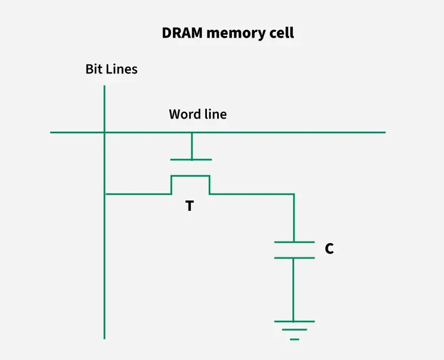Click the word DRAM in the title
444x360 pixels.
pyautogui.click(x=182, y=33)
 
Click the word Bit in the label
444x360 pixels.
pyautogui.click(x=94, y=69)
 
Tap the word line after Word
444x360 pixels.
pyautogui.click(x=214, y=114)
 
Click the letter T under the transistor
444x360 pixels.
pyautogui.click(x=189, y=206)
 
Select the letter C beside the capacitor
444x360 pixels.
pyautogui.click(x=329, y=249)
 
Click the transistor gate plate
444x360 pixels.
pyautogui.click(x=192, y=160)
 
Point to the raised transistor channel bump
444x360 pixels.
pyautogui.click(x=190, y=176)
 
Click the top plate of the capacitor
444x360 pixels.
pyautogui.click(x=294, y=242)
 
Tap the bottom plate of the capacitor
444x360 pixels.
pyautogui.click(x=294, y=257)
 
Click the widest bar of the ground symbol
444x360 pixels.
pyautogui.click(x=294, y=321)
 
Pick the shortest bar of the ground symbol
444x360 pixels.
pyautogui.click(x=294, y=339)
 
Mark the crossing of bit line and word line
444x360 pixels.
pyautogui.click(x=105, y=133)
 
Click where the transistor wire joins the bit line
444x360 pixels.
pyautogui.click(x=105, y=194)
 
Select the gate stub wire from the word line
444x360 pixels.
pyautogui.click(x=192, y=146)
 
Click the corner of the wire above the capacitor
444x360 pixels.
pyautogui.click(x=294, y=194)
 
